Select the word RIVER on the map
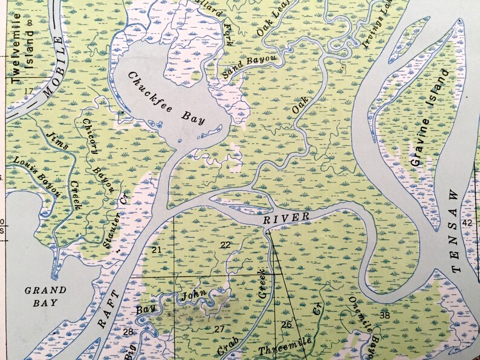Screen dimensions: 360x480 287,218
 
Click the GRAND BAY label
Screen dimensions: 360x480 46,295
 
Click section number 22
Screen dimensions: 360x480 225,245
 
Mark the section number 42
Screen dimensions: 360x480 467,223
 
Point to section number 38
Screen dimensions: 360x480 384,315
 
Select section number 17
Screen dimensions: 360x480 29,91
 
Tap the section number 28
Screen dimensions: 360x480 128,332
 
